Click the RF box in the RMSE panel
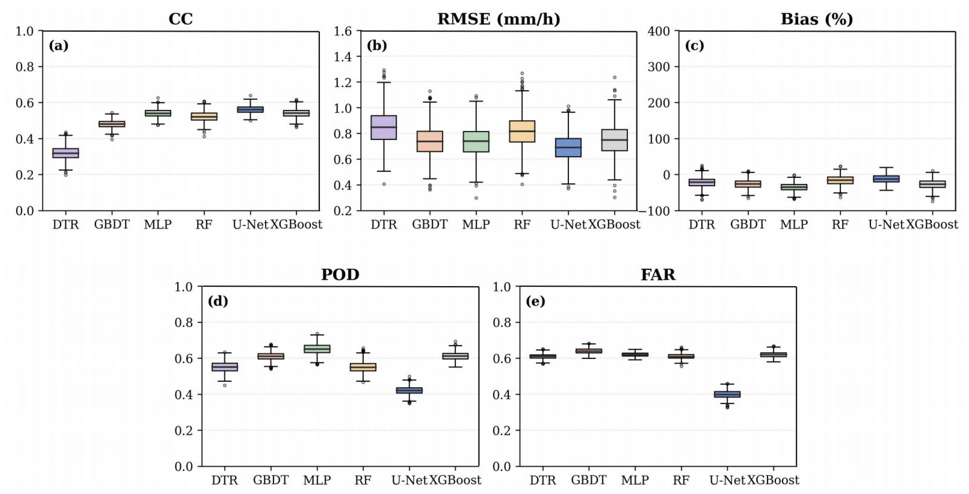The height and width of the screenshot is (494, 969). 522,131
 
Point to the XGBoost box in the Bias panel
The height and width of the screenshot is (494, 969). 933,184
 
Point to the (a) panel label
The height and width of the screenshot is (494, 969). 59,46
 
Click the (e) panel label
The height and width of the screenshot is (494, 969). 535,302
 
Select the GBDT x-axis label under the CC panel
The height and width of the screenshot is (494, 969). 112,225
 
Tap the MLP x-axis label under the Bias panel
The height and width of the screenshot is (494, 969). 794,225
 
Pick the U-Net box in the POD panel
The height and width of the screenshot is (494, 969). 409,391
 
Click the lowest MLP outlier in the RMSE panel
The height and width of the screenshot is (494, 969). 476,198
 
